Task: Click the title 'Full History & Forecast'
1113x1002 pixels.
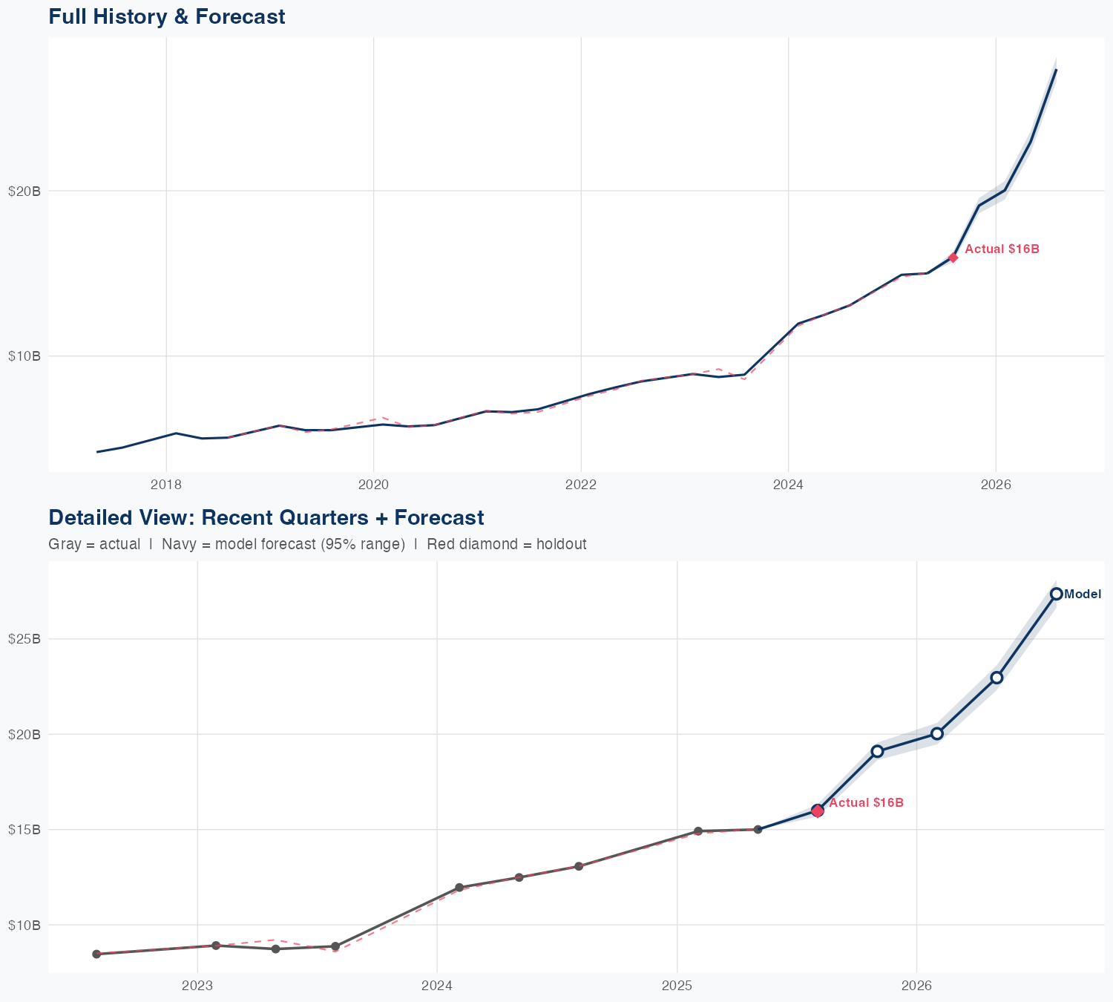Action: [x=166, y=16]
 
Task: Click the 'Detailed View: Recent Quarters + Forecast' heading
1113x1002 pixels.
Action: [x=266, y=517]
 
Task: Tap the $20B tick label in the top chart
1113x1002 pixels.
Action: [x=24, y=191]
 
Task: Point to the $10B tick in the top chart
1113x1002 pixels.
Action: [x=24, y=356]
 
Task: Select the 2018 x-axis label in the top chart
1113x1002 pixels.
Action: [x=166, y=485]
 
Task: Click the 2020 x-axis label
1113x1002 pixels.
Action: [x=373, y=485]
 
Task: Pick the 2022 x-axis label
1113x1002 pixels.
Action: [x=581, y=485]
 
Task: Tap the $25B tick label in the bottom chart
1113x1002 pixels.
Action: [x=24, y=639]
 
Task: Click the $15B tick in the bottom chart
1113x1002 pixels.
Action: [x=24, y=830]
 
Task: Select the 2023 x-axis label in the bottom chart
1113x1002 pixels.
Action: [x=197, y=986]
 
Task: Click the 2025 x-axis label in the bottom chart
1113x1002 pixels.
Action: [x=677, y=986]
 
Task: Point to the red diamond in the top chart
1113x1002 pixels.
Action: [x=953, y=258]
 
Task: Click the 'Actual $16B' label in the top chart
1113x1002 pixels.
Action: [x=1002, y=249]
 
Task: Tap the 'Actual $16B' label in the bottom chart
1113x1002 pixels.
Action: [x=866, y=803]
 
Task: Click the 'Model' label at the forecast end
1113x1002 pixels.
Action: [x=1083, y=594]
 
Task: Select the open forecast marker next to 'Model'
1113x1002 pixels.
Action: [x=1056, y=594]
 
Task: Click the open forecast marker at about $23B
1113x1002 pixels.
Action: [x=997, y=677]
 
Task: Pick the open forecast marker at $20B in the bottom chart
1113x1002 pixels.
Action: [x=937, y=733]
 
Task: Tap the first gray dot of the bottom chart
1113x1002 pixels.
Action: [x=96, y=954]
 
